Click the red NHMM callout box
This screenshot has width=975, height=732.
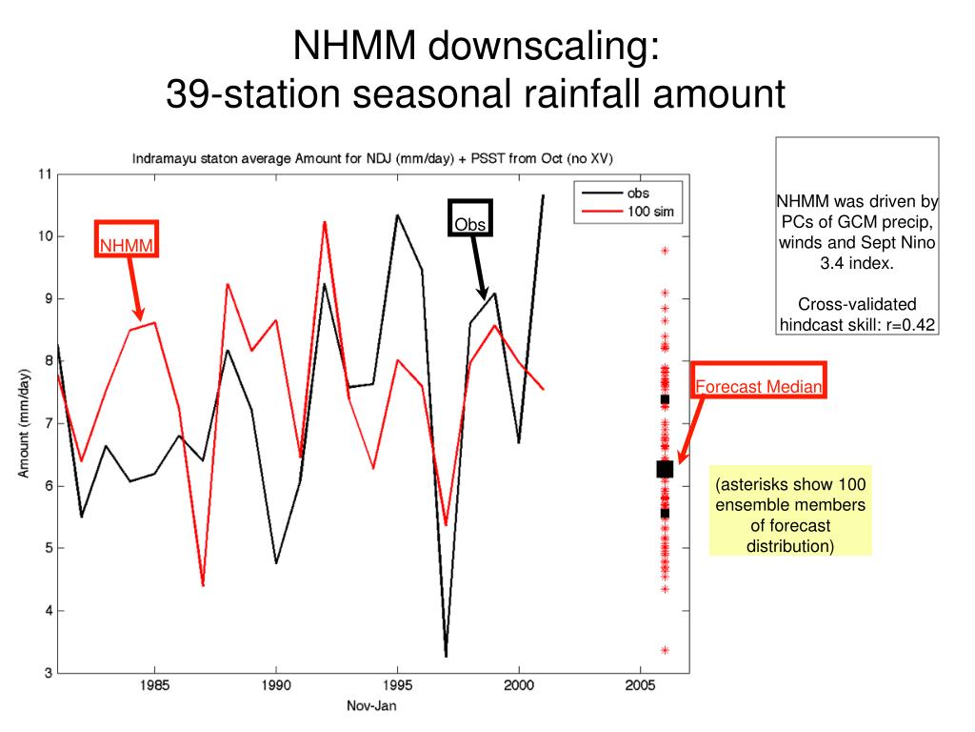[x=126, y=240]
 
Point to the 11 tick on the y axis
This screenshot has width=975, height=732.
[x=44, y=174]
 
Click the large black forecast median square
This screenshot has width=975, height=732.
[x=665, y=468]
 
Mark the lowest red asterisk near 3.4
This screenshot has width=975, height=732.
[x=665, y=650]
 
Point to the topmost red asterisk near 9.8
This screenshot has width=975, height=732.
[x=665, y=251]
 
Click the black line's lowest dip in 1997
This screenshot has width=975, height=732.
[x=446, y=655]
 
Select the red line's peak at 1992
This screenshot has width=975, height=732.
[x=325, y=222]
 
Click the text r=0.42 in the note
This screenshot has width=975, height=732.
[x=903, y=324]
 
